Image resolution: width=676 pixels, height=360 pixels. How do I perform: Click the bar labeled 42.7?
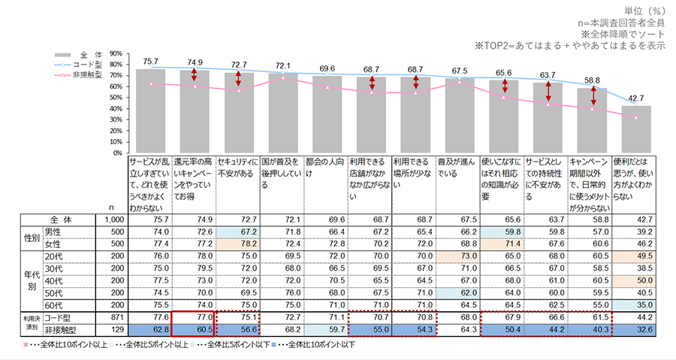tap(635, 129)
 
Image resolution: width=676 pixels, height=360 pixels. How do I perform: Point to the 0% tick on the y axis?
tap(117, 153)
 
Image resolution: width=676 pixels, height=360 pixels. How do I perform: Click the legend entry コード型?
tap(87, 65)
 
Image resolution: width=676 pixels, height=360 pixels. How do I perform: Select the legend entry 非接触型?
tap(87, 75)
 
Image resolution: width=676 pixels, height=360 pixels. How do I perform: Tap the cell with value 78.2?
tap(237, 243)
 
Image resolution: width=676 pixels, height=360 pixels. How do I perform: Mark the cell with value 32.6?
tap(635, 329)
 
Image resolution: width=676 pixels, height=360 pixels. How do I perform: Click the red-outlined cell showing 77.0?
tap(194, 317)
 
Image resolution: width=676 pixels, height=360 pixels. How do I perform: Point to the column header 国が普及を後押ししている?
tap(281, 173)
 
